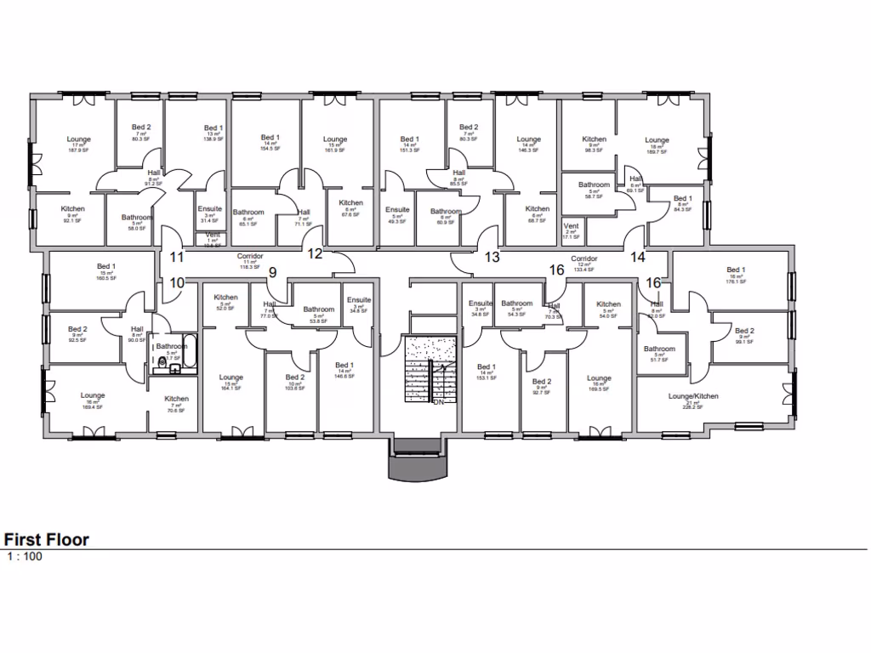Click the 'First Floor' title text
coord(47,540)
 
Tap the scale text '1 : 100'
coord(25,558)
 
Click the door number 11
coord(177,256)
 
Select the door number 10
coord(177,282)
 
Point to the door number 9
coord(272,273)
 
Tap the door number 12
coord(315,253)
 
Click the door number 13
coord(492,256)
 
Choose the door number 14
coord(638,256)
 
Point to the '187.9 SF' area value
coord(79,153)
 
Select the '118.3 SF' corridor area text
coord(250,267)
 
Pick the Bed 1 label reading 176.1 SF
coord(737,270)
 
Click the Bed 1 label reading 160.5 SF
coord(106,267)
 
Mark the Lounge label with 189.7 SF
coord(657,140)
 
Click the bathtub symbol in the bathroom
coord(190,355)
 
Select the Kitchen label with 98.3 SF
coord(594,139)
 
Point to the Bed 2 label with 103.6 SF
coord(295,378)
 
